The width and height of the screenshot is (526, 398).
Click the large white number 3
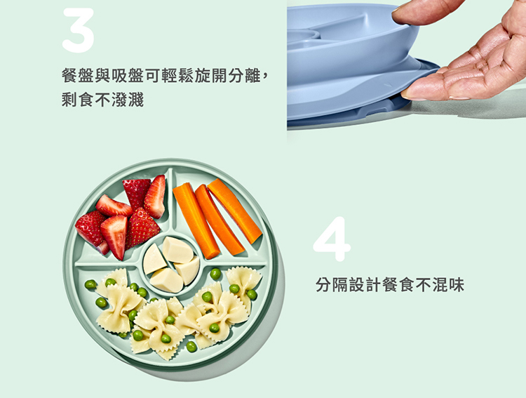click(x=78, y=30)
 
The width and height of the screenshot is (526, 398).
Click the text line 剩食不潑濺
click(x=102, y=100)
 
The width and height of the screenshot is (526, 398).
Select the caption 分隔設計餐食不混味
click(x=390, y=285)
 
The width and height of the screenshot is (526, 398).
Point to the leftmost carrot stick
click(x=196, y=220)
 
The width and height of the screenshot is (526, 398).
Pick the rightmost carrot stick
click(x=234, y=211)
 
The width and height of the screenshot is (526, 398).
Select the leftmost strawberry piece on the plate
click(x=90, y=229)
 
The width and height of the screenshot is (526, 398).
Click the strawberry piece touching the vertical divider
click(x=155, y=197)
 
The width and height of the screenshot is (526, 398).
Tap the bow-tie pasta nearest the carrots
click(x=244, y=278)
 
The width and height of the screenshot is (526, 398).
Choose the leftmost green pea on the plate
click(x=90, y=284)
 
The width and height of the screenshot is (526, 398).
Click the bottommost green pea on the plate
click(x=191, y=347)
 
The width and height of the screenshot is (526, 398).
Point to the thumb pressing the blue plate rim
click(x=428, y=12)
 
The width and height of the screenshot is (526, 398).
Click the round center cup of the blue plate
click(x=304, y=35)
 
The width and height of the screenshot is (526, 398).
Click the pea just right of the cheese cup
click(x=215, y=274)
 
